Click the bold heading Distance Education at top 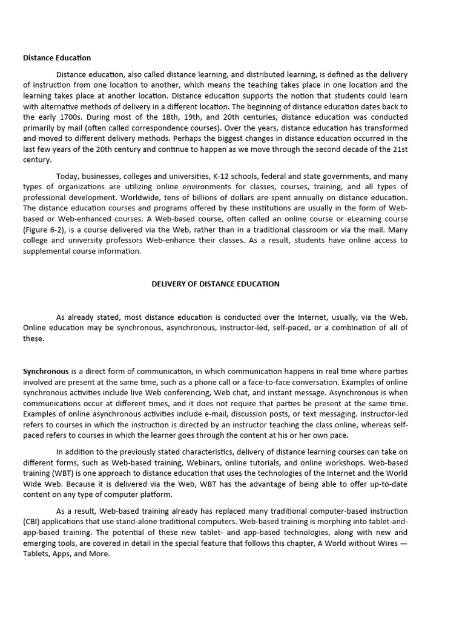[57, 58]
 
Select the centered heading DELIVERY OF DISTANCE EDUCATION [216, 284]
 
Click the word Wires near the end [383, 543]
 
